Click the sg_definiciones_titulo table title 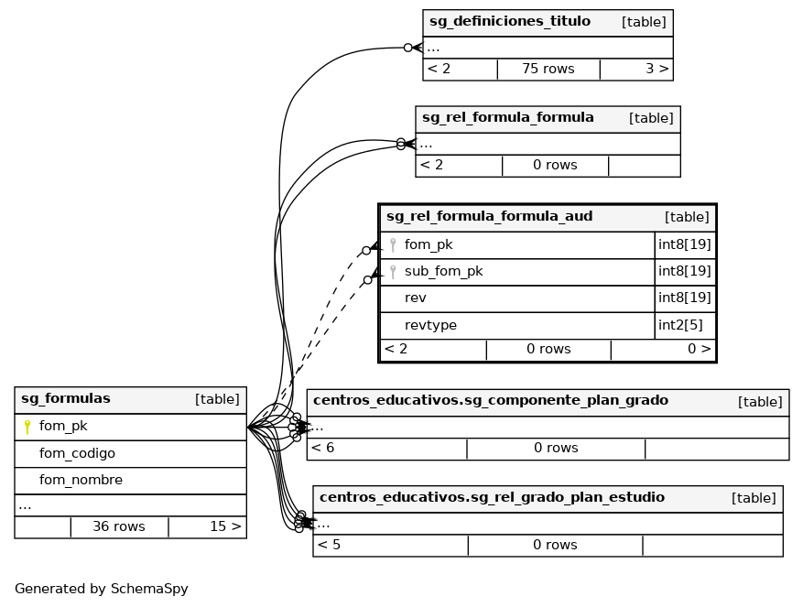tap(510, 22)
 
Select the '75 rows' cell tap(548, 69)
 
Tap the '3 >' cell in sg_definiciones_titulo tap(657, 69)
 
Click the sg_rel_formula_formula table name tap(508, 118)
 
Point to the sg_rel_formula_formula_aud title tap(489, 217)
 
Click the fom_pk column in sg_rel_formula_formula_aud tap(429, 245)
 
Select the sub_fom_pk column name tap(443, 272)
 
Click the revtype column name tap(430, 326)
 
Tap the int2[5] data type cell tap(679, 326)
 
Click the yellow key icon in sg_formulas tap(27, 427)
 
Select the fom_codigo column tap(77, 453)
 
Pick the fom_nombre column tap(81, 480)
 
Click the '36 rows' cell tap(119, 526)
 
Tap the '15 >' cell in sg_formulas tap(225, 526)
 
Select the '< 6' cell tap(322, 448)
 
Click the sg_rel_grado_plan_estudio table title tap(489, 498)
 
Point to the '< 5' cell tap(329, 545)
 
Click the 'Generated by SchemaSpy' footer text tap(102, 589)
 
